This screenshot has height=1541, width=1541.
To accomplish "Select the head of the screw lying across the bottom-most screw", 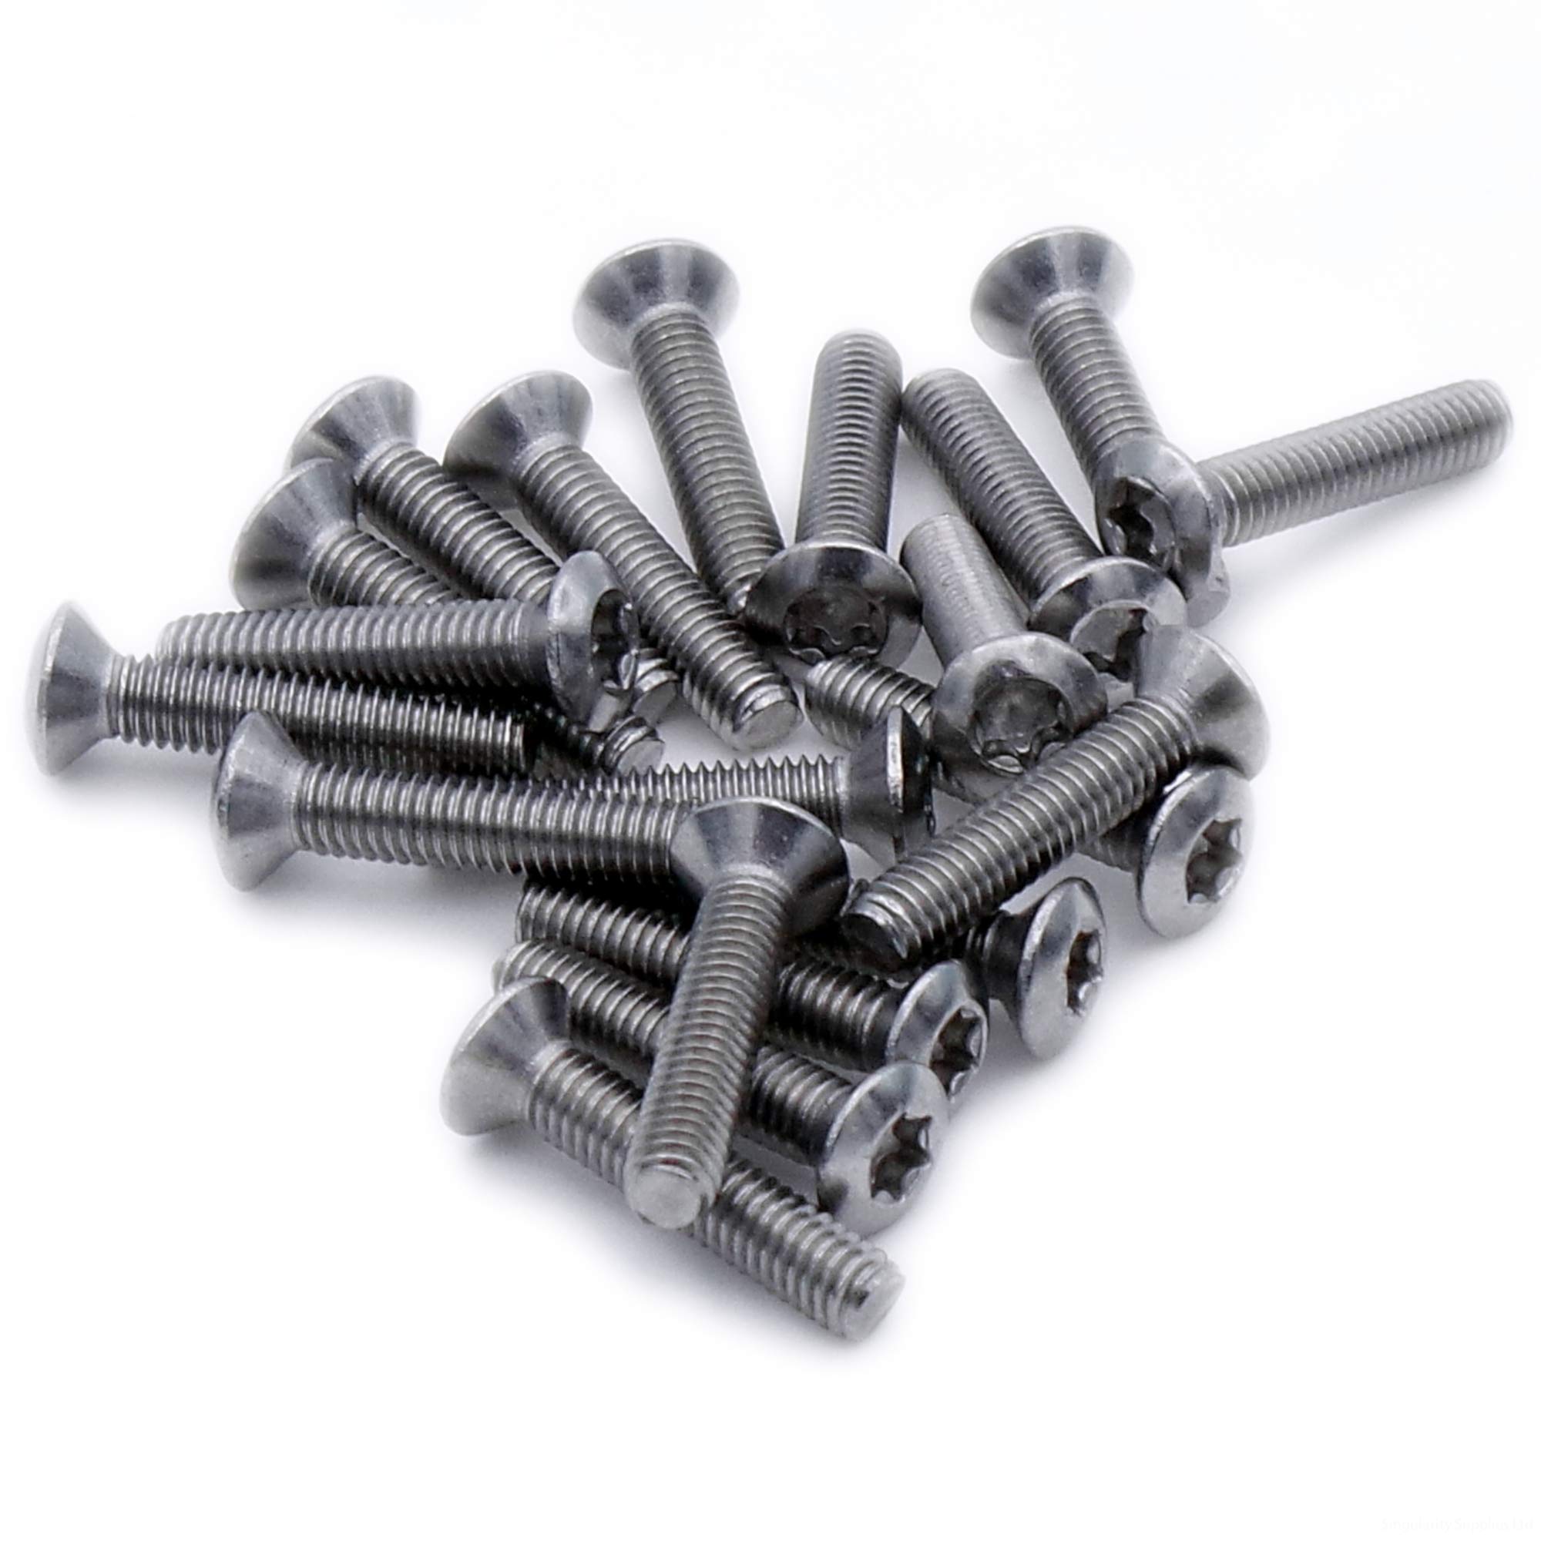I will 757,849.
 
